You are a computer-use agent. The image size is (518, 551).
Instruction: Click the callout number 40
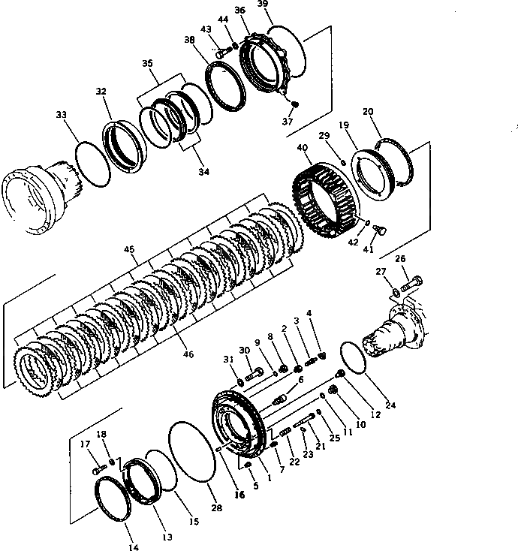[x=302, y=150]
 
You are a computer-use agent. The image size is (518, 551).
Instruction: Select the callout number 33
[x=62, y=115]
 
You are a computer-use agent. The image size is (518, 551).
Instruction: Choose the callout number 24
[x=390, y=406]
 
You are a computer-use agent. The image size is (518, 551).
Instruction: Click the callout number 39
[x=262, y=5]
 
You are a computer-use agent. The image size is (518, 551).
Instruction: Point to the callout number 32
[x=101, y=91]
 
